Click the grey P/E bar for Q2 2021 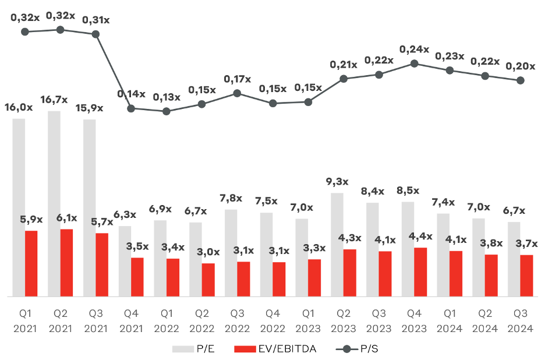pos(54,204)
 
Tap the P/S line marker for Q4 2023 pos(414,63)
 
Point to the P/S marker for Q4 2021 pos(131,108)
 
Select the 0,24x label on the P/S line pos(414,50)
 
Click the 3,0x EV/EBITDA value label pos(207,252)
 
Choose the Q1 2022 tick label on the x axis pos(167,321)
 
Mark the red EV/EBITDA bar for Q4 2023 pos(420,272)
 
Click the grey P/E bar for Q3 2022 pos(231,253)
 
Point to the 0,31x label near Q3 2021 pos(95,20)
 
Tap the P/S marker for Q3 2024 pos(520,80)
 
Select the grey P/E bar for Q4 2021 pos(125,262)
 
